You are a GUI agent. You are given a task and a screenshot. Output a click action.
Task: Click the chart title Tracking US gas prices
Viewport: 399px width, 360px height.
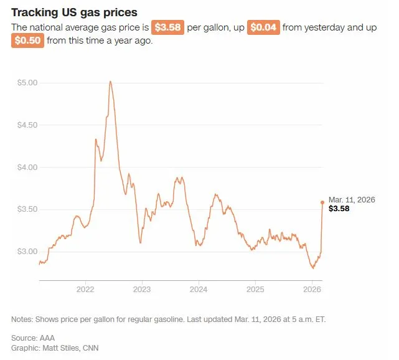click(74, 12)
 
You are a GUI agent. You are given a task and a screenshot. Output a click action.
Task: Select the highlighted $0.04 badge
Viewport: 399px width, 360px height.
click(263, 27)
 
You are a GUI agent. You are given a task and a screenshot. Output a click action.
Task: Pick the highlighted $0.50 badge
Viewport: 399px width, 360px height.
click(27, 41)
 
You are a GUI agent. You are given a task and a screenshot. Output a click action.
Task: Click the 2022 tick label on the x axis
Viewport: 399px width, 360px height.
click(85, 290)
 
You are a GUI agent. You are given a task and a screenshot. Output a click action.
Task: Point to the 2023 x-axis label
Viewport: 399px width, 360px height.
click(141, 290)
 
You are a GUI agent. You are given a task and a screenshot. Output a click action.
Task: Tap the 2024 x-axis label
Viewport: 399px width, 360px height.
click(198, 290)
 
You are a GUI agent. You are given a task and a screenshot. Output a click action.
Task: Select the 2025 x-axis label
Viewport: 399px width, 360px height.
click(255, 290)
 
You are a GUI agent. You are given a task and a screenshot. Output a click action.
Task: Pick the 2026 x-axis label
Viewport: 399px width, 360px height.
click(312, 290)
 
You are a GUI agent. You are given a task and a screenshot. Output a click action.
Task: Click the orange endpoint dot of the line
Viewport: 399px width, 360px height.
click(322, 202)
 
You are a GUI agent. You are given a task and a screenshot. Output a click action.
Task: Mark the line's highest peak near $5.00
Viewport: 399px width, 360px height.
click(110, 82)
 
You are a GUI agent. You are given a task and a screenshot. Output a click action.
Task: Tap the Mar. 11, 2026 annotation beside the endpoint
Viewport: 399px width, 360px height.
click(352, 199)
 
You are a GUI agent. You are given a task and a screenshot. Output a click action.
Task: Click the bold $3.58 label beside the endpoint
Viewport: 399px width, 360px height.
click(339, 209)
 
